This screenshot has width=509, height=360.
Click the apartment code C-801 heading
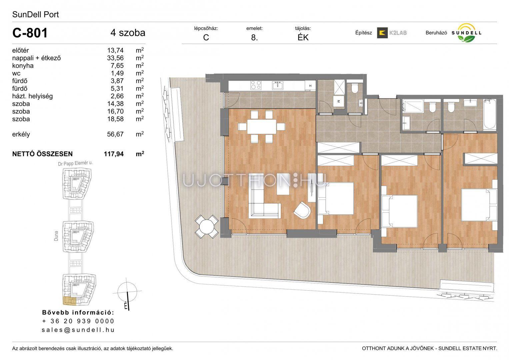coord(30,33)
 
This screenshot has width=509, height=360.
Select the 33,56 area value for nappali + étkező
coord(115,58)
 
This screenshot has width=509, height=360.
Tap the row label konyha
coord(23,66)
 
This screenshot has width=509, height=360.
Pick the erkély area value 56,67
coord(115,134)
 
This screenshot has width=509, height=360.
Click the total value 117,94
coord(114,154)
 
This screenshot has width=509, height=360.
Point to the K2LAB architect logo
coord(392,33)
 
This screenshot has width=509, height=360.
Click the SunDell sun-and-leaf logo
coord(466,33)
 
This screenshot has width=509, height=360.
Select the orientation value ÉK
coord(303,37)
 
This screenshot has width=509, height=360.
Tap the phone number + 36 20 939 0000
coord(78,321)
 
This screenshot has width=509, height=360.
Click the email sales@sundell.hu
coord(78,330)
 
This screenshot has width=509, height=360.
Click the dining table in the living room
coord(262,127)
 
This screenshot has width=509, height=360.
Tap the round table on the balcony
coord(207,226)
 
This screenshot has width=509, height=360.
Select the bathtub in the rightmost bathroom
coord(489,115)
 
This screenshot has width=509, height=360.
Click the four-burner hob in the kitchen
coord(256,85)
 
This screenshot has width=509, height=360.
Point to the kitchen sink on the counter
coord(277,85)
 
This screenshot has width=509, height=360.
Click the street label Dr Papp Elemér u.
coord(75,163)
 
